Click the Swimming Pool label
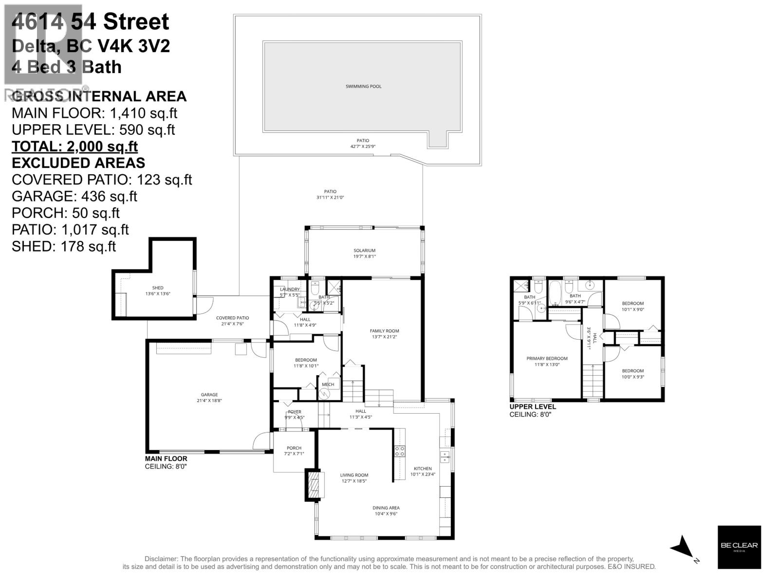pos(363,87)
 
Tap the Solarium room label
pos(365,251)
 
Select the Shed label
pos(158,288)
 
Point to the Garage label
pos(209,395)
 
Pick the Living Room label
pos(354,475)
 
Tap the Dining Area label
pos(387,508)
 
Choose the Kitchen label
pos(423,469)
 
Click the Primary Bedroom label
pos(547,359)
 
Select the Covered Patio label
pos(232,318)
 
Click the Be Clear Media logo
pos(739,547)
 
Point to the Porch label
pos(294,448)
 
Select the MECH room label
pos(328,384)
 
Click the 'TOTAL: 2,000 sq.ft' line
pos(74,146)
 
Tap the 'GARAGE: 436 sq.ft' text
pos(74,196)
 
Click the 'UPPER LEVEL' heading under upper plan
pos(533,407)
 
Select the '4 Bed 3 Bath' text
pos(66,67)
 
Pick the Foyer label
pos(294,412)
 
